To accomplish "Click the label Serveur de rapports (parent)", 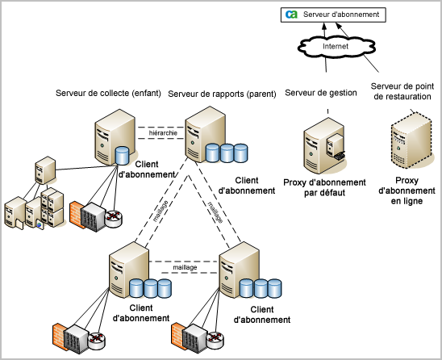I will tap(219, 93).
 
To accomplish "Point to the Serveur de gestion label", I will tap(320, 93).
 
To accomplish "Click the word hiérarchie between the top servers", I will tap(164, 132).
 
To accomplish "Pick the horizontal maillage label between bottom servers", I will tap(186, 265).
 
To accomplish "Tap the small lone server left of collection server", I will tap(44, 170).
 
